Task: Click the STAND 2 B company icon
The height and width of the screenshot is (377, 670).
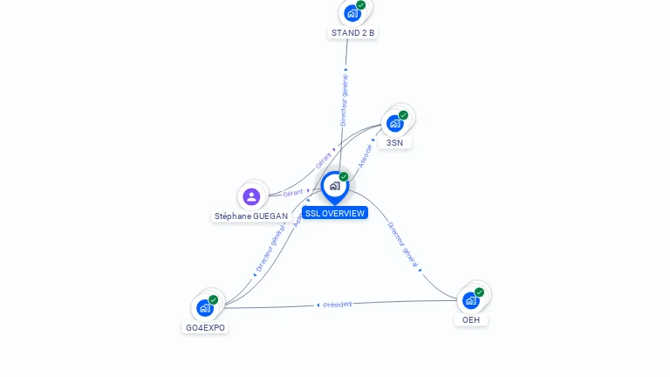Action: click(352, 12)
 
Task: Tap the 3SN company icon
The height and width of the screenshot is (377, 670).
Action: click(395, 123)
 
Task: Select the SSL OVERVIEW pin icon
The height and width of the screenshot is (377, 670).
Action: click(334, 185)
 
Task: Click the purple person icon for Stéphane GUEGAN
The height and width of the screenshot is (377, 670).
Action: click(251, 196)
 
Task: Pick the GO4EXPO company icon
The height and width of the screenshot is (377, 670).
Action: click(205, 307)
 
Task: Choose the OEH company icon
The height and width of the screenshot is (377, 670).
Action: click(471, 300)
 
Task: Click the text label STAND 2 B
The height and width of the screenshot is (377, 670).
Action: click(352, 33)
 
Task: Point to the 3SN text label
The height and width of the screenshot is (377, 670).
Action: click(395, 142)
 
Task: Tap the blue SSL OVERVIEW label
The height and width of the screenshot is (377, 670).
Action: click(335, 213)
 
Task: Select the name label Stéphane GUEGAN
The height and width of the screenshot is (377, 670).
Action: click(251, 216)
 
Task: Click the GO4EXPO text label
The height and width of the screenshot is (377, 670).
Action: click(205, 327)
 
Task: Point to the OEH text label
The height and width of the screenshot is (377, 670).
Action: click(471, 319)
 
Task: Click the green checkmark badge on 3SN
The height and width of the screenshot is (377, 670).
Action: click(403, 115)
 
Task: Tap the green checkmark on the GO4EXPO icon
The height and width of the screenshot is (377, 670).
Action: click(214, 299)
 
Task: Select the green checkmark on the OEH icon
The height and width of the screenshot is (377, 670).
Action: click(479, 292)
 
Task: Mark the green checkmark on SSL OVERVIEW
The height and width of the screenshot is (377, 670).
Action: click(344, 177)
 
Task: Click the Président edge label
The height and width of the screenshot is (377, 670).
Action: click(338, 305)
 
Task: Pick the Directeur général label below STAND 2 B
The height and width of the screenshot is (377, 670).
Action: click(344, 100)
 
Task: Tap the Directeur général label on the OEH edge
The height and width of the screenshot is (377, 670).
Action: click(403, 244)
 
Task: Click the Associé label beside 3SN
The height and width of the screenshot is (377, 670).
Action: click(366, 155)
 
